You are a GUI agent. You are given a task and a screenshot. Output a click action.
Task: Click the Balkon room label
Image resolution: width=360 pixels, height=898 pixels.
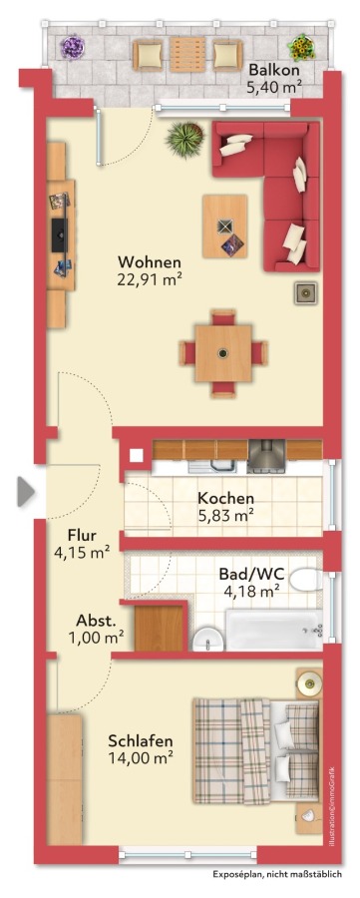(272, 70)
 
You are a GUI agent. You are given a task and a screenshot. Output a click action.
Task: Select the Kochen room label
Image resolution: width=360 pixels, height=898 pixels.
(225, 499)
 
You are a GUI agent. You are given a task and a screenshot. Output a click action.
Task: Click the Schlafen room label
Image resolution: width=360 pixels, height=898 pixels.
(141, 741)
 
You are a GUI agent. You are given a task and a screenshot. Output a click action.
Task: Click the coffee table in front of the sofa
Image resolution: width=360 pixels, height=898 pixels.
(226, 226)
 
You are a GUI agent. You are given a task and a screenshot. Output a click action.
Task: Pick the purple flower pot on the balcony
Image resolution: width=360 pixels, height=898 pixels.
(72, 48)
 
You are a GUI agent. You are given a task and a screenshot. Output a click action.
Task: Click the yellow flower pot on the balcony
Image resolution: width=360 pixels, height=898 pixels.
(300, 47)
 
